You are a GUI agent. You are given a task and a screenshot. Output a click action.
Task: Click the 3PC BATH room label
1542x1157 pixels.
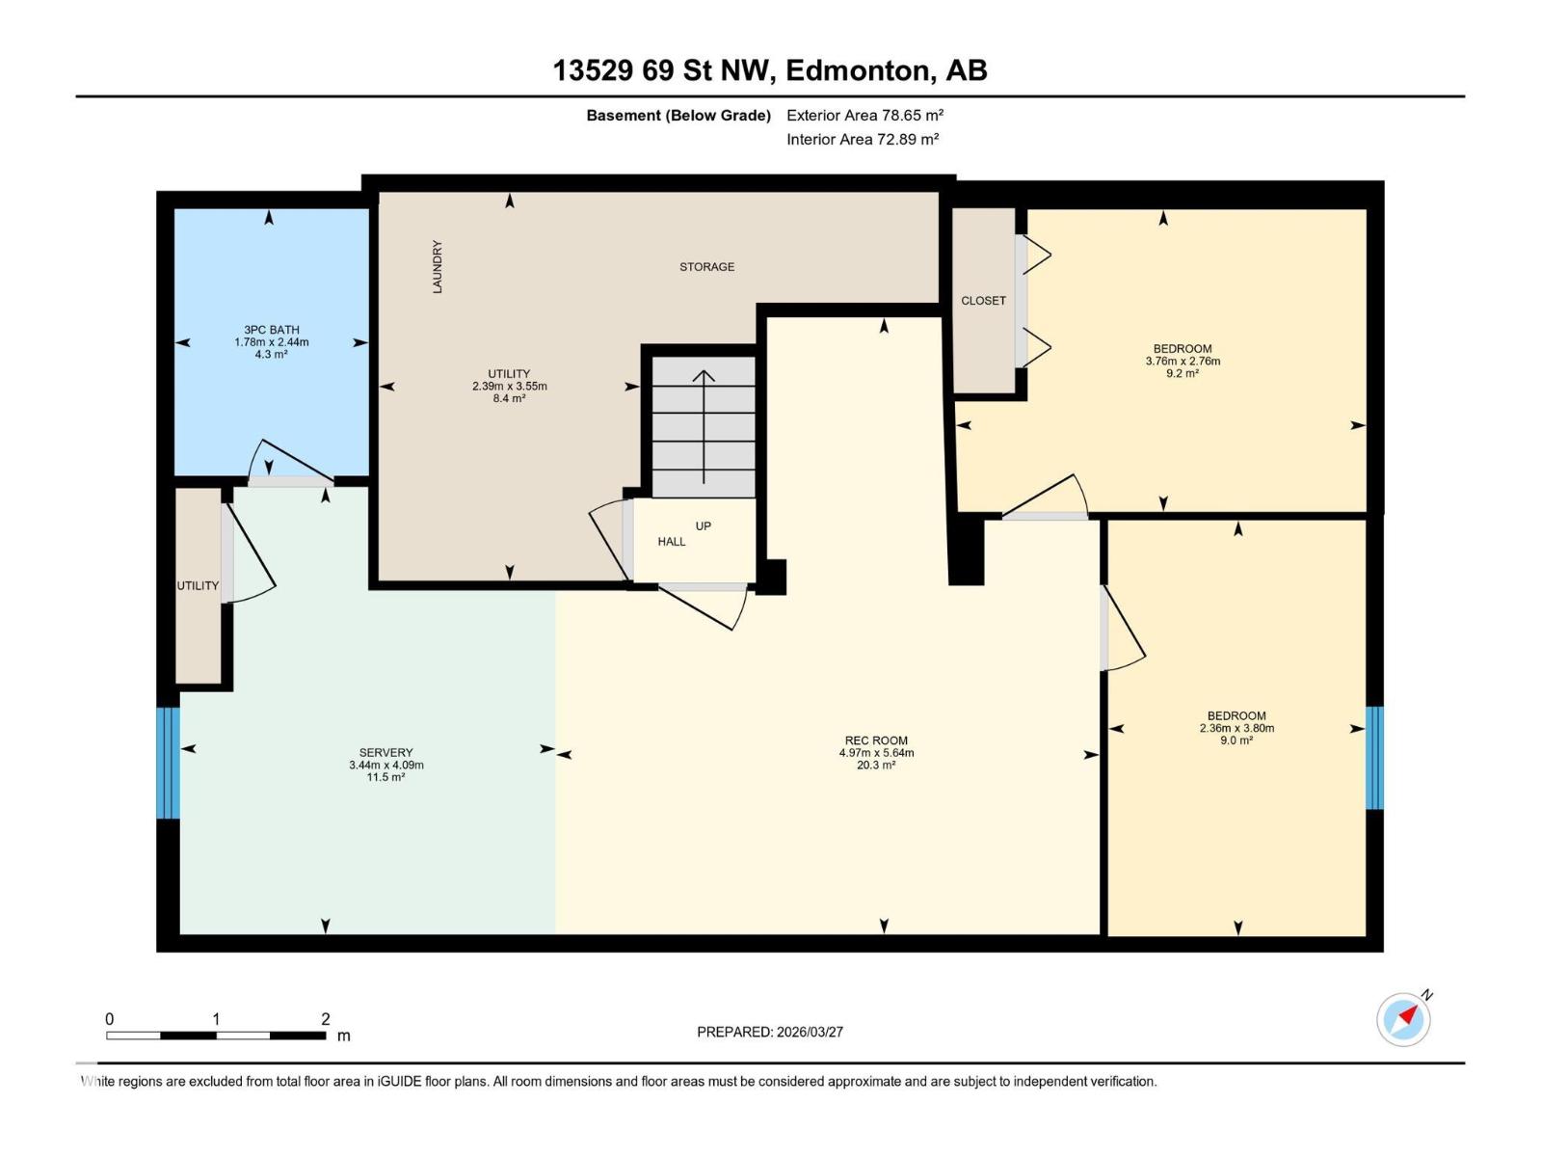[271, 330]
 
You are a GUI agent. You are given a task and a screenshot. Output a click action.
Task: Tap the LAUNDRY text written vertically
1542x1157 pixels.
[437, 266]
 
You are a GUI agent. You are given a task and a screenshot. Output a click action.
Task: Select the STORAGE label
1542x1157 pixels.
[706, 267]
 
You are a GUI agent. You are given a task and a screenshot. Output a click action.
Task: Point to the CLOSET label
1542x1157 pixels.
[983, 301]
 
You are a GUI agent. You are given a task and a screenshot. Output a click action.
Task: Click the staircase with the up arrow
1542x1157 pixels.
[704, 426]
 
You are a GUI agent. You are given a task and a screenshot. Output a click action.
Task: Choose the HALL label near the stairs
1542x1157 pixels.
[671, 542]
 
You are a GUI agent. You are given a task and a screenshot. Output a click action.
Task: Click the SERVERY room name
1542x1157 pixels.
[385, 752]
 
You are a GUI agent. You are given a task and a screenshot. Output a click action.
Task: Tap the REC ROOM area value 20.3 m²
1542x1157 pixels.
[875, 765]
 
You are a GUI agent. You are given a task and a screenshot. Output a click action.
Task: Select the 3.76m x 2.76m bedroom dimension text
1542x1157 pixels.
[1183, 361]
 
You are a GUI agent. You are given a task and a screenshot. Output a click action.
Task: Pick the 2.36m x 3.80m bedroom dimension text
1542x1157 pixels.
[1236, 729]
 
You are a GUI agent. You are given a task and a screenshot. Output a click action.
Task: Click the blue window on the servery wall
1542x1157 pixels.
[168, 763]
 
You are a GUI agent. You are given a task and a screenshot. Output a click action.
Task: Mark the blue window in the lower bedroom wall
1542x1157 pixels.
[1374, 757]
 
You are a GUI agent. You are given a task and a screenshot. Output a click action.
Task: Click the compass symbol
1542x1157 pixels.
[1403, 1019]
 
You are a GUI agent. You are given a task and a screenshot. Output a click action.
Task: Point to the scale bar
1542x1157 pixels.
[216, 1036]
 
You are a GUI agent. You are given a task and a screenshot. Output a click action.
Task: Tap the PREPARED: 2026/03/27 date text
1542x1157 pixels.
[769, 1032]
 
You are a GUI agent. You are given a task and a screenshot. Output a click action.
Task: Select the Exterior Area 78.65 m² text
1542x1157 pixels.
[864, 115]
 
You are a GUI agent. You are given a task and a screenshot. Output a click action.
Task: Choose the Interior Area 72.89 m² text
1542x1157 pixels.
[863, 139]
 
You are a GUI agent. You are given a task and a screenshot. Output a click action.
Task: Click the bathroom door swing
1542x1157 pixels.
[291, 462]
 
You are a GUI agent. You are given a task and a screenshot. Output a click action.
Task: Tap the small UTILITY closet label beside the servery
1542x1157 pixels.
[198, 586]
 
